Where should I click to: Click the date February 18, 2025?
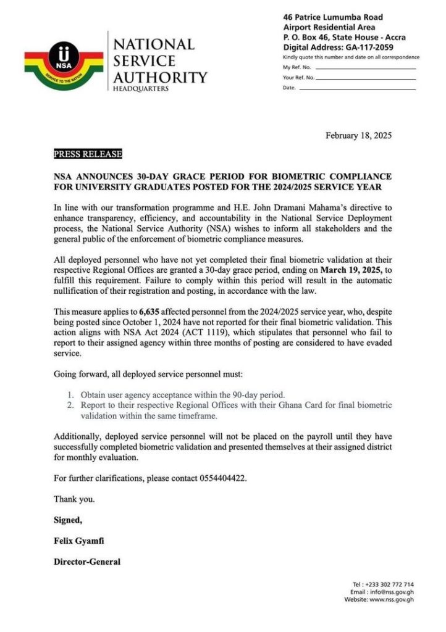358,136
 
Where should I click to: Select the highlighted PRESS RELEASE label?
88,154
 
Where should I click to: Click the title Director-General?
87,562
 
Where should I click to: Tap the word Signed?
67,520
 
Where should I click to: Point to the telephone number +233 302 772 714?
392,584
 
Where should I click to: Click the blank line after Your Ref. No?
366,78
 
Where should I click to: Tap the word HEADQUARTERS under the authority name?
140,89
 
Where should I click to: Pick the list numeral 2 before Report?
72,405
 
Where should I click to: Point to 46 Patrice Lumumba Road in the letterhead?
332,17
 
